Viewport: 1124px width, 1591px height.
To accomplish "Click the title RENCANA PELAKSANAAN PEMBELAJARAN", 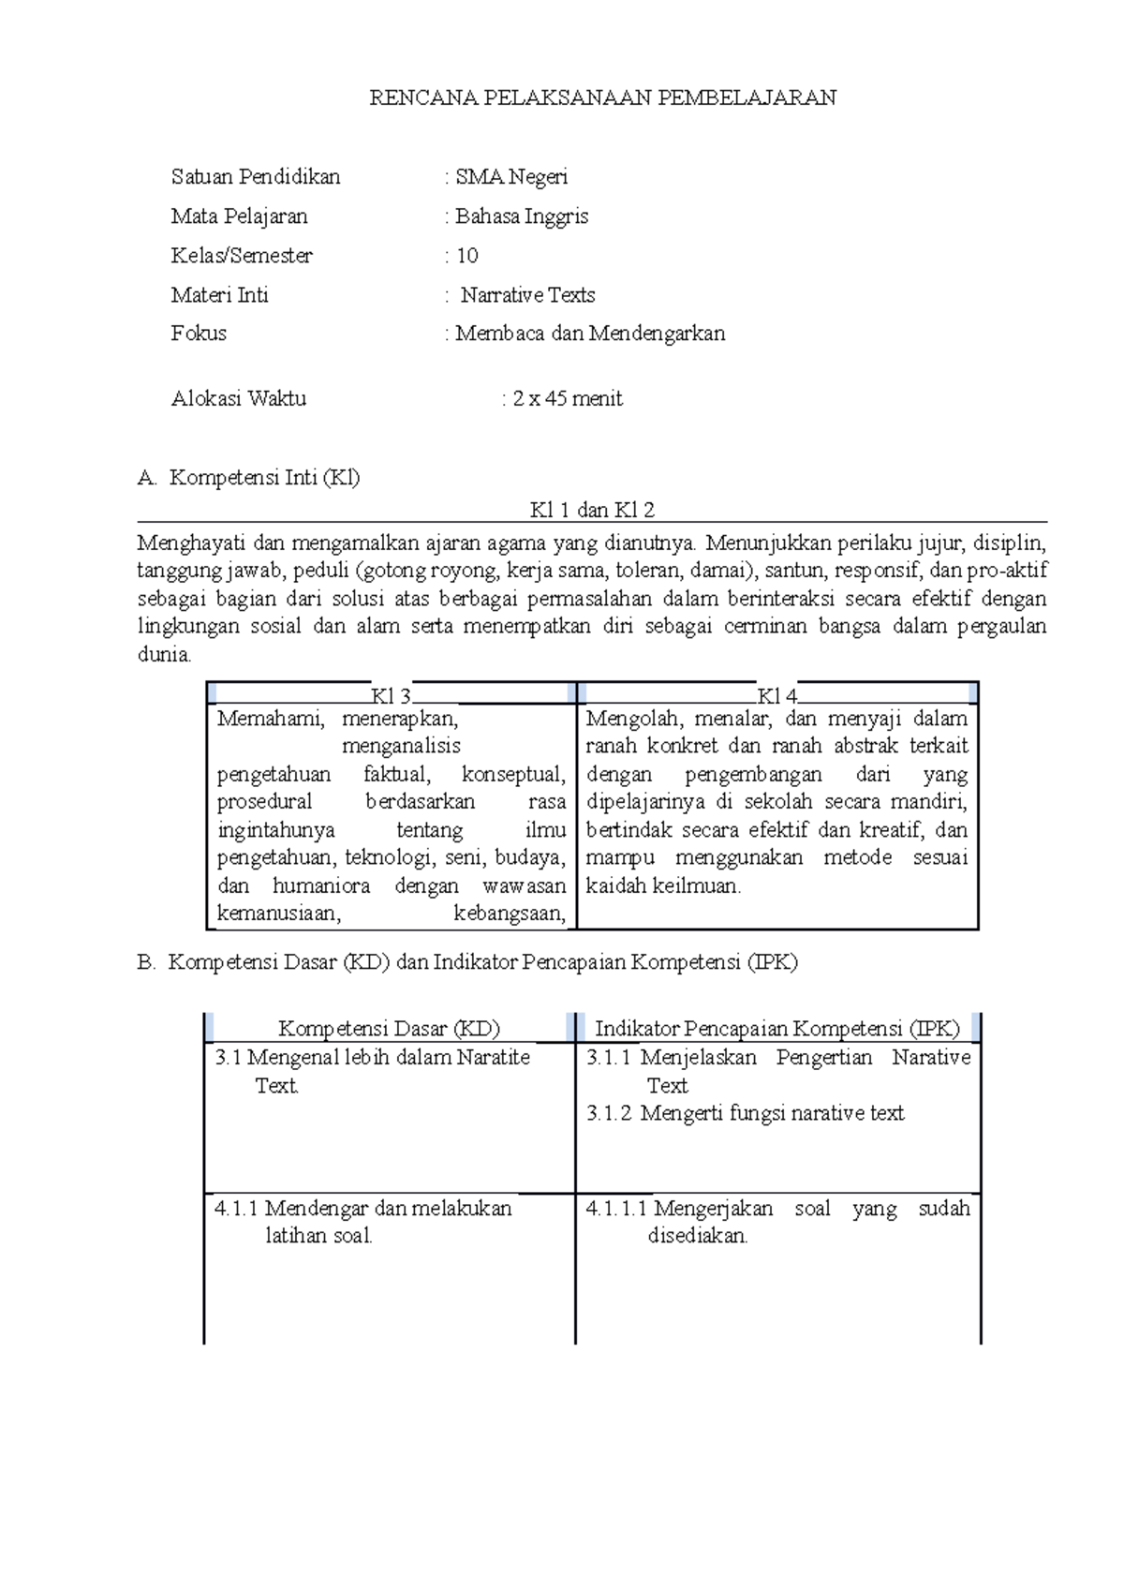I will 602,97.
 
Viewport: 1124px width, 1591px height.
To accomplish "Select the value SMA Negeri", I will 511,177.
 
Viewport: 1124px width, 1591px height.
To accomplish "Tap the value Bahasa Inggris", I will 522,216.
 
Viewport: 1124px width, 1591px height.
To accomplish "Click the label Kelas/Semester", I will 242,256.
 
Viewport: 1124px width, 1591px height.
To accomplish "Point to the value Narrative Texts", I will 527,295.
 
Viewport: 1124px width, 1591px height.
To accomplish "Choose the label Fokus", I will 199,334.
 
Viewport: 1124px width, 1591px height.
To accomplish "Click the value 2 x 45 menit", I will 567,399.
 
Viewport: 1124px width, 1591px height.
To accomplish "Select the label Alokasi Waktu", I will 238,399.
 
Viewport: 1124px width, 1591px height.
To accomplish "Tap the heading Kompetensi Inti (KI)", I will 264,478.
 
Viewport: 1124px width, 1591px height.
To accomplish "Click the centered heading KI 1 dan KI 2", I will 592,511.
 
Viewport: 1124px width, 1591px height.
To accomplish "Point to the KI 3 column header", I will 392,696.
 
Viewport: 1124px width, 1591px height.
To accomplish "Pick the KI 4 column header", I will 777,696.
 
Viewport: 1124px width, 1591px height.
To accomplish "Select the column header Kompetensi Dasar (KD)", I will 389,1029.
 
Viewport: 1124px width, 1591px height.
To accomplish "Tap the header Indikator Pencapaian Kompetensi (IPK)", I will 777,1029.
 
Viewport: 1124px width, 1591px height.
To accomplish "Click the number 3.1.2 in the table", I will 609,1113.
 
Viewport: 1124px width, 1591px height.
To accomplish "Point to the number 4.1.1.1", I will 616,1209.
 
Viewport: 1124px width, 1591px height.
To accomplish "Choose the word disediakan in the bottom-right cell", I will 698,1236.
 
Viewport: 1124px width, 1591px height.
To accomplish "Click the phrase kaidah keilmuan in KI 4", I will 663,885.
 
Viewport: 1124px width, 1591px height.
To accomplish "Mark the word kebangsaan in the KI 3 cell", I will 510,914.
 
